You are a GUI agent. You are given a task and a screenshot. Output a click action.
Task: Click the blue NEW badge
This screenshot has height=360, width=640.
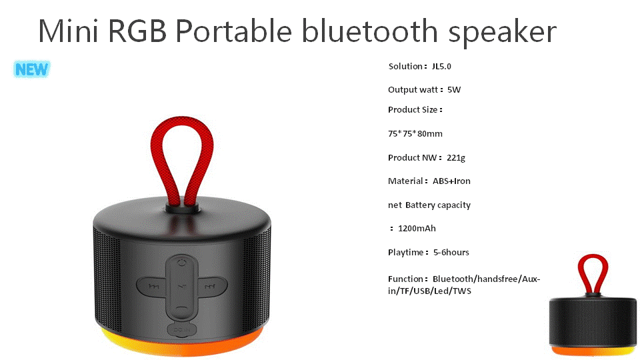pyautogui.click(x=32, y=69)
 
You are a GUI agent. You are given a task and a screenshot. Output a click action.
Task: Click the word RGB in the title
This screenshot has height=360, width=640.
pyautogui.click(x=137, y=31)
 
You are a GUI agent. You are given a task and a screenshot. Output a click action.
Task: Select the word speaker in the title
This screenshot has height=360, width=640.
pyautogui.click(x=503, y=33)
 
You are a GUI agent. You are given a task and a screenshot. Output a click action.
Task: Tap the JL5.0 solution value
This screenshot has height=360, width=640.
pyautogui.click(x=441, y=66)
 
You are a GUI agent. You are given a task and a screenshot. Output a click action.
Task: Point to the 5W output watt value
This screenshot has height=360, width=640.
pyautogui.click(x=454, y=90)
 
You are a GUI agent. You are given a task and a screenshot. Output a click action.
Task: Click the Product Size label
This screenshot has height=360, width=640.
pyautogui.click(x=415, y=110)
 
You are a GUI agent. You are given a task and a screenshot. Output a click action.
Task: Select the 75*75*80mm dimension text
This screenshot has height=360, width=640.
pyautogui.click(x=415, y=133)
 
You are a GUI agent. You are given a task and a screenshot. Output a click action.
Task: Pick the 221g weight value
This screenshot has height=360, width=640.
pyautogui.click(x=456, y=157)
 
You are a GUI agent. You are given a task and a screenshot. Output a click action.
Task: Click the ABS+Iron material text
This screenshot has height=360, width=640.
pyautogui.click(x=451, y=181)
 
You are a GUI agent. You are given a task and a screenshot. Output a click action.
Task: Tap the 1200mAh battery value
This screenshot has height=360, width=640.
pyautogui.click(x=417, y=228)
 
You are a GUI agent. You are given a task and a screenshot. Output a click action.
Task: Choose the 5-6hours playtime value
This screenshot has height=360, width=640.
pyautogui.click(x=451, y=252)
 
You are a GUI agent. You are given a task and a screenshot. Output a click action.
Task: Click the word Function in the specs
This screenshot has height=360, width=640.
pyautogui.click(x=405, y=279)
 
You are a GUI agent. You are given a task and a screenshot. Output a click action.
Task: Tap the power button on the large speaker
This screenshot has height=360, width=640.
pyautogui.click(x=182, y=262)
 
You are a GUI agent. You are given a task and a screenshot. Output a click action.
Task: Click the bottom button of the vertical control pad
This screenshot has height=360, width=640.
pyautogui.click(x=182, y=310)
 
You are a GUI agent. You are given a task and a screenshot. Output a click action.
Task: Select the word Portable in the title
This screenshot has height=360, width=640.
pyautogui.click(x=234, y=31)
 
